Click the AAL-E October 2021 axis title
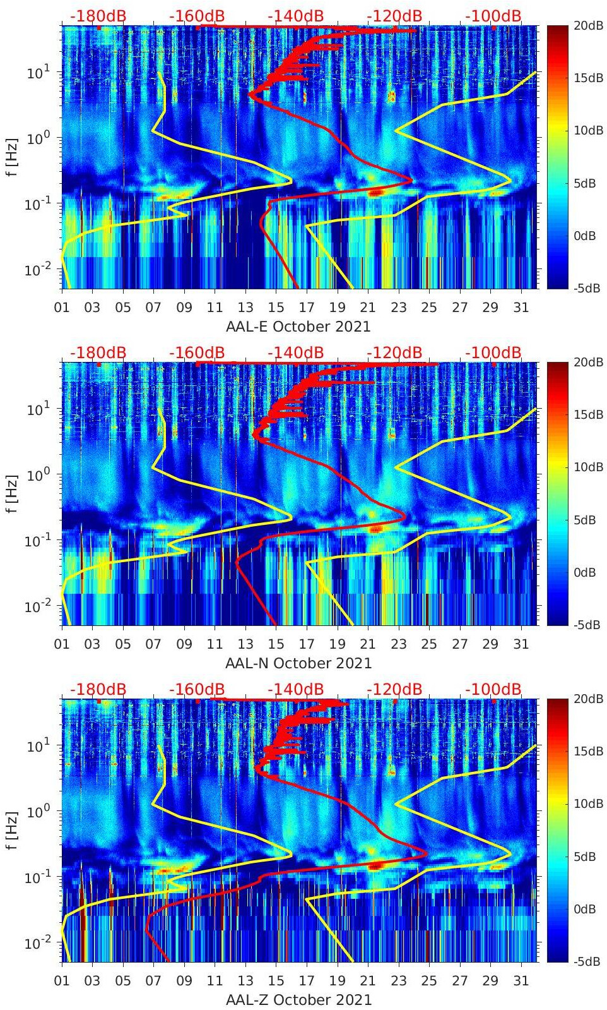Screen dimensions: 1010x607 (x=298, y=327)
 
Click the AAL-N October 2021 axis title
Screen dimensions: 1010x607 (x=298, y=663)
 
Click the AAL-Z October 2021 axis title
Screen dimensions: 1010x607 (x=298, y=1000)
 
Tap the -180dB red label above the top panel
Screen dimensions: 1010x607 (x=98, y=16)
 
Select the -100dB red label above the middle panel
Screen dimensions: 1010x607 (x=493, y=352)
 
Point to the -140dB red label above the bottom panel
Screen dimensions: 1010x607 (x=295, y=689)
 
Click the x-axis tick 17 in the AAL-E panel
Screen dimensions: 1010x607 (x=307, y=308)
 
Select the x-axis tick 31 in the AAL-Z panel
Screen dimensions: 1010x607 (x=521, y=981)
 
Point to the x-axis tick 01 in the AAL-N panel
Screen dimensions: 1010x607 (x=62, y=644)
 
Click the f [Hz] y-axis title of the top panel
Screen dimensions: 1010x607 (x=13, y=157)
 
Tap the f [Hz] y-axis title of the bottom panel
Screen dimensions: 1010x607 (x=13, y=830)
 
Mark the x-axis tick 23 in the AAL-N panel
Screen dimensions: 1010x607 (x=398, y=644)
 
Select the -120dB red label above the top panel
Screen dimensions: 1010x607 (x=394, y=16)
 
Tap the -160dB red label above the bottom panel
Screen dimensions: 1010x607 (x=197, y=689)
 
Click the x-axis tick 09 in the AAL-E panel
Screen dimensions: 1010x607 (x=184, y=308)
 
